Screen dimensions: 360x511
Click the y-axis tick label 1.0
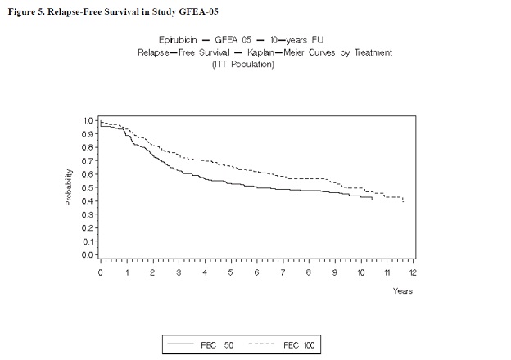[x=88, y=121]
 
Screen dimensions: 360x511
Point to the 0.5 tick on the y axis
[x=88, y=187]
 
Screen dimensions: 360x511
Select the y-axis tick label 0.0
[x=88, y=254]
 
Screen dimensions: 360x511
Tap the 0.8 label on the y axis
[x=88, y=147]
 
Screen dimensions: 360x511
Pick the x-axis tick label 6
[x=256, y=272]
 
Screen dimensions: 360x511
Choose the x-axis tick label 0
[x=100, y=272]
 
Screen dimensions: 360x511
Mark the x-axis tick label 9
[x=335, y=272]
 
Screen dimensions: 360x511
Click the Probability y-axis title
[x=70, y=187]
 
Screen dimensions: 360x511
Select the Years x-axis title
[x=402, y=290]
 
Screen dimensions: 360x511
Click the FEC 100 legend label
[x=297, y=345]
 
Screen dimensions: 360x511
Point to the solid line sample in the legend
[x=182, y=345]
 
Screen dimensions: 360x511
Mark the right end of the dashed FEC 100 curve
[x=403, y=200]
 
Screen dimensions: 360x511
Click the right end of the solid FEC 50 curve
[x=373, y=199]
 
